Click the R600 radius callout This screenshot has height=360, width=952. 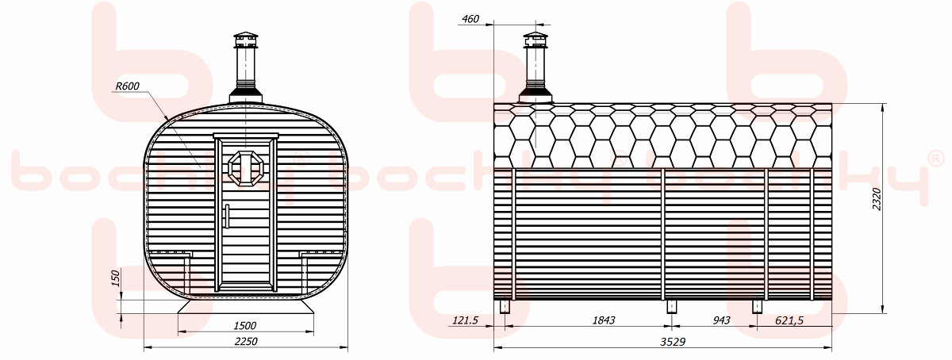tap(128, 86)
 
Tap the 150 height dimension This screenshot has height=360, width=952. tap(116, 278)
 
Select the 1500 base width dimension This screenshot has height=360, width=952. tap(245, 326)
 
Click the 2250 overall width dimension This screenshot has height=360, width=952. tap(246, 341)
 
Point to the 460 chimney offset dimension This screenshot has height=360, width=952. tap(470, 19)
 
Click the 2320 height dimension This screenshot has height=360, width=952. tap(877, 199)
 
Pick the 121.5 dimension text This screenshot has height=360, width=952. tap(466, 320)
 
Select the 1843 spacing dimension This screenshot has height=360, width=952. tap(604, 320)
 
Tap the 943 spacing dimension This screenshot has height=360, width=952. tap(722, 320)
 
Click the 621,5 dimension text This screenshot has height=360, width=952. tap(789, 320)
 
